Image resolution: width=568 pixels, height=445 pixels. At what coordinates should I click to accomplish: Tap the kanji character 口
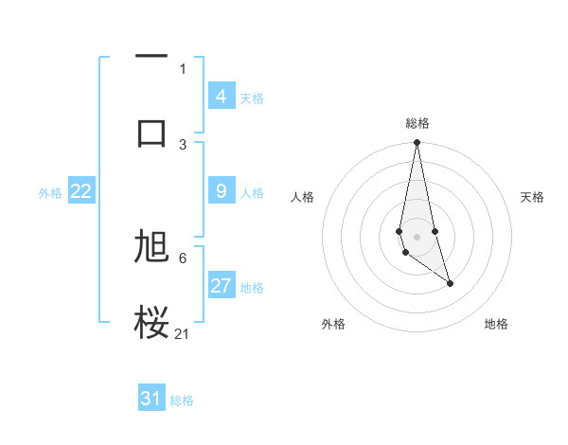[x=151, y=132]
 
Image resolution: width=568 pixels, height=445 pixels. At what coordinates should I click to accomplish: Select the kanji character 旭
[x=151, y=247]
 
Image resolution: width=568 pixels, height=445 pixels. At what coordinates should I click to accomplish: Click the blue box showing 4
[x=222, y=97]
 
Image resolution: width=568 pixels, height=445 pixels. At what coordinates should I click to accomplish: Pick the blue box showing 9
[x=222, y=191]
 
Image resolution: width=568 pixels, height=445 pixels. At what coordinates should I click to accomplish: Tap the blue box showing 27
[x=222, y=286]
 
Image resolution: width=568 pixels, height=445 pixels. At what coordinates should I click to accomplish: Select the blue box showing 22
[x=81, y=191]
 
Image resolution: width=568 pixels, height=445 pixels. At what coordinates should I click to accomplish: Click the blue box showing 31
[x=151, y=399]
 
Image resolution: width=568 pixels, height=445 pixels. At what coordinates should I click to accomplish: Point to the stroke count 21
[x=183, y=333]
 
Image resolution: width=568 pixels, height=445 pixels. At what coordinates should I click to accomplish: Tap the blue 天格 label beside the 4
[x=252, y=98]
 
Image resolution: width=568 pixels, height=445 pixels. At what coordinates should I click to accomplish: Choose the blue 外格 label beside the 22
[x=50, y=192]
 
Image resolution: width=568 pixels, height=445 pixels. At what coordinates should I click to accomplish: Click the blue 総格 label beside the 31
[x=182, y=400]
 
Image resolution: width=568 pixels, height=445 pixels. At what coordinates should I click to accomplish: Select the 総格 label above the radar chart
[x=417, y=123]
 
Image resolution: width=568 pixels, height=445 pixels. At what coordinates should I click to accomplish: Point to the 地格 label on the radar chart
[x=496, y=324]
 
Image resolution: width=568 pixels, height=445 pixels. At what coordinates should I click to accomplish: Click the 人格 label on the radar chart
[x=303, y=197]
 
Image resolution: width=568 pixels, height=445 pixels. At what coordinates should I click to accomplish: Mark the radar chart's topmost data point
[x=417, y=143]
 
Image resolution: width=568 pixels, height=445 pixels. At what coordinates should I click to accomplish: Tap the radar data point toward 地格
[x=450, y=283]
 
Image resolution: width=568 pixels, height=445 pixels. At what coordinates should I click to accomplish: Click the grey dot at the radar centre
[x=417, y=236]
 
